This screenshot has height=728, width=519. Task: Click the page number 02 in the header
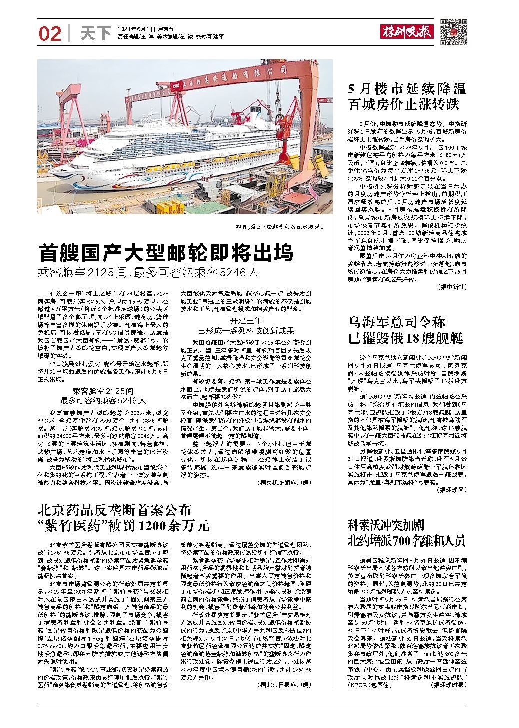click(x=50, y=34)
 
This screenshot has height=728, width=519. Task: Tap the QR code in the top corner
click(x=453, y=33)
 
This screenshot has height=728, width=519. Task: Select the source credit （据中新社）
click(x=452, y=287)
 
